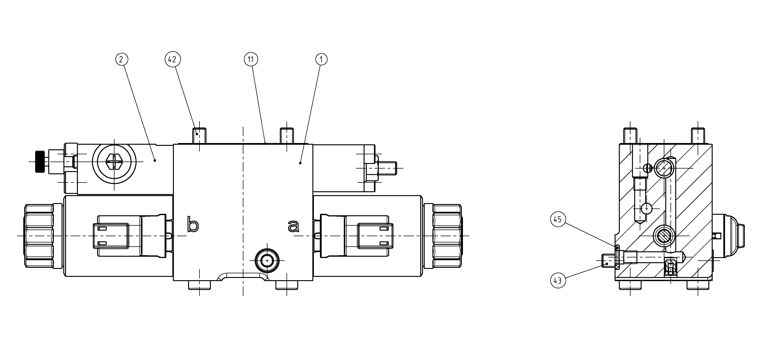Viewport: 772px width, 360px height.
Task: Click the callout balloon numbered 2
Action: point(121,59)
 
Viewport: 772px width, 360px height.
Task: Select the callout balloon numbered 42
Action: point(172,59)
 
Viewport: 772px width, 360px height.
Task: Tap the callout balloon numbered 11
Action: point(251,59)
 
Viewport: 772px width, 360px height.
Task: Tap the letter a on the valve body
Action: point(293,226)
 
